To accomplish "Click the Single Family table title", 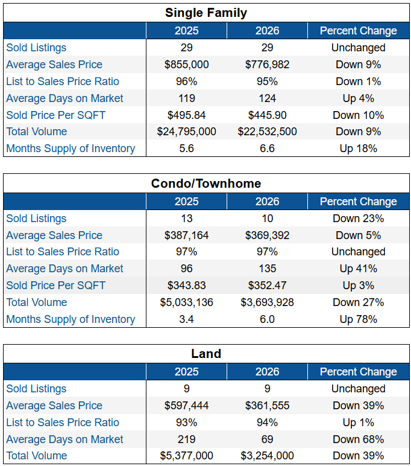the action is pyautogui.click(x=206, y=13).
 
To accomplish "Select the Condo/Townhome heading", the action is pyautogui.click(x=206, y=184).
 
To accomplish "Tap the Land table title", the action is pyautogui.click(x=206, y=354).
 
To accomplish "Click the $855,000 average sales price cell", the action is pyautogui.click(x=186, y=65).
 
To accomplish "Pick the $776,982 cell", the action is pyautogui.click(x=267, y=65).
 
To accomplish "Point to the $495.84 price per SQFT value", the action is pyautogui.click(x=186, y=115).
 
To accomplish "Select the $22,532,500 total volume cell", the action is pyautogui.click(x=267, y=132).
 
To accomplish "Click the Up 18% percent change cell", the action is pyautogui.click(x=358, y=148).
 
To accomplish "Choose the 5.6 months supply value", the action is pyautogui.click(x=186, y=148).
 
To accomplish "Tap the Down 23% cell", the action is pyautogui.click(x=358, y=219).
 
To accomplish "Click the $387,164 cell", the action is pyautogui.click(x=186, y=235).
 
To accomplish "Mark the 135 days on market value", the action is pyautogui.click(x=267, y=269).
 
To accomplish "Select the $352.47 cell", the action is pyautogui.click(x=267, y=286).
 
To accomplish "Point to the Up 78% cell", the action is pyautogui.click(x=358, y=319).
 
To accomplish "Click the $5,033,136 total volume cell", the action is pyautogui.click(x=186, y=302).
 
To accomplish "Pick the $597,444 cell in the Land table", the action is pyautogui.click(x=186, y=406).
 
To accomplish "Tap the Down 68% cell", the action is pyautogui.click(x=358, y=439).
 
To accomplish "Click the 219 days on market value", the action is pyautogui.click(x=186, y=439).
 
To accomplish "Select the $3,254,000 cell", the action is pyautogui.click(x=267, y=456).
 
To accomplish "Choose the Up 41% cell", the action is pyautogui.click(x=358, y=269).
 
